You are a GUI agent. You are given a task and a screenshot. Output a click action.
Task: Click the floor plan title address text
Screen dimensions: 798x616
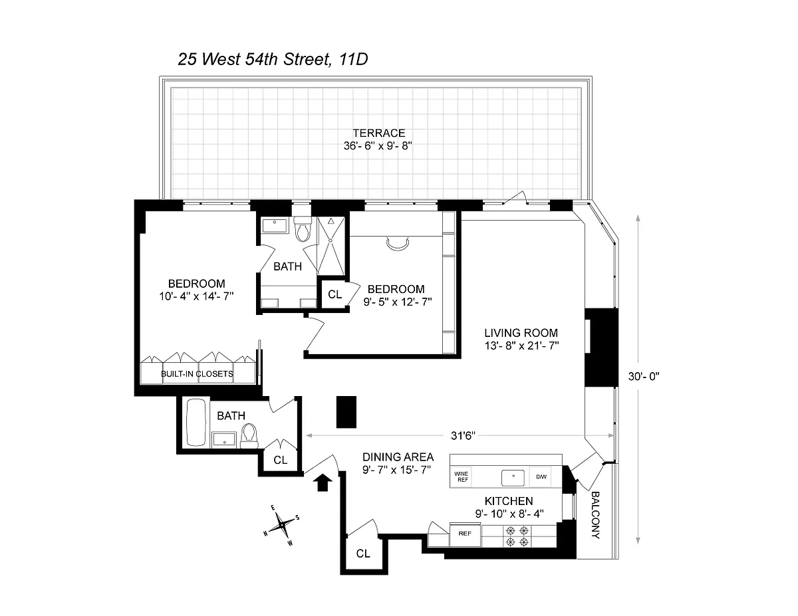273,59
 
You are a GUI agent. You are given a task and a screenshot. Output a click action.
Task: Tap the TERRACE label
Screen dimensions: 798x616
378,133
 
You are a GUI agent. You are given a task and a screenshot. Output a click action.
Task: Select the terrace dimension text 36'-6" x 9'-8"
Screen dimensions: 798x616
378,146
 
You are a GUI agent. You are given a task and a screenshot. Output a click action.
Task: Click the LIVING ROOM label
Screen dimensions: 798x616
521,333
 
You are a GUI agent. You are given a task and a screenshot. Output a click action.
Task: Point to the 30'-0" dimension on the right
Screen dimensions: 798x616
644,376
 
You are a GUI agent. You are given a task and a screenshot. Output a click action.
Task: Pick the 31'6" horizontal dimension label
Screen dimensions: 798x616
463,435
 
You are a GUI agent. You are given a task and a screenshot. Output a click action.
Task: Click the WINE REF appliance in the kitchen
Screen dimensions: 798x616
462,476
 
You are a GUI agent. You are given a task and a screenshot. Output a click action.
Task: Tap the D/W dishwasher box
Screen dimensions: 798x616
541,476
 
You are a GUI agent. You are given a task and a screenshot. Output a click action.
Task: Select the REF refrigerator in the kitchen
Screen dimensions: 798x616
465,534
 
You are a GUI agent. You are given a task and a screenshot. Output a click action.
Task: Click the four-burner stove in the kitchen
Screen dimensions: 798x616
517,536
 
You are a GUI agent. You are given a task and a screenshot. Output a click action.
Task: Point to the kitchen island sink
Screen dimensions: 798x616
513,477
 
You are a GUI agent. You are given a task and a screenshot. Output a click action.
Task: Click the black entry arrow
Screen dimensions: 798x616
323,482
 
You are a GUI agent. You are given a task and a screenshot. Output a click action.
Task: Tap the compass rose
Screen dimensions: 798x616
281,526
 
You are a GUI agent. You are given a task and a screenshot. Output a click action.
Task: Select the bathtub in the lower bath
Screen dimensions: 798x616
196,422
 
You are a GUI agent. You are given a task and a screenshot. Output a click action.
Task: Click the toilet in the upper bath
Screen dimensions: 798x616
303,229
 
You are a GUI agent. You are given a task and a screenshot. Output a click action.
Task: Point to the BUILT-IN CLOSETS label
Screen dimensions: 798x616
198,374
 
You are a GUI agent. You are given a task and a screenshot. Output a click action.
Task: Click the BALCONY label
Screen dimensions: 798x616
596,515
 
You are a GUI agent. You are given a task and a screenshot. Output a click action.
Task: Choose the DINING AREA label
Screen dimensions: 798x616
398,457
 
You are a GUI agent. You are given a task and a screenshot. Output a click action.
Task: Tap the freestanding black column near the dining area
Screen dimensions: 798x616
346,411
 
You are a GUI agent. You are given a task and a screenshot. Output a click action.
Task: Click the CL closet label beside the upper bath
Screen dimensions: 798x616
334,294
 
